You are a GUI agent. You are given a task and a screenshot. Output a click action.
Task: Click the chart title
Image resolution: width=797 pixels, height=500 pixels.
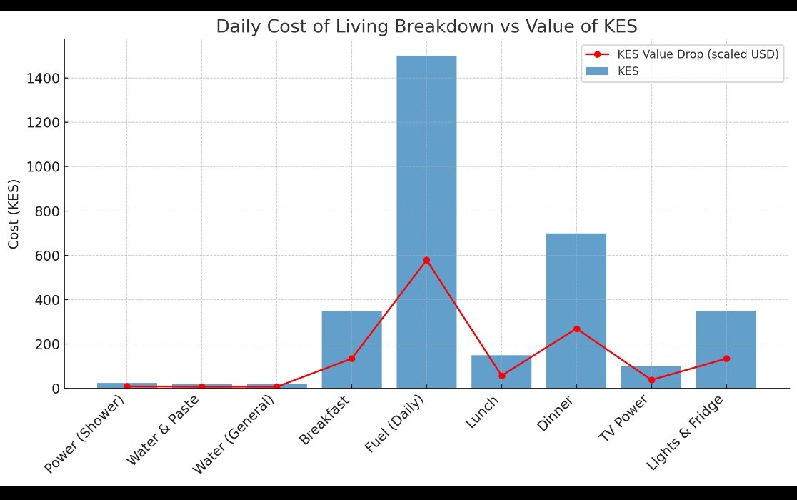426,27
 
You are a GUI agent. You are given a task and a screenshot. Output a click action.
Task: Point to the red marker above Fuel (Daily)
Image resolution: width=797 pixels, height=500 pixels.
426,260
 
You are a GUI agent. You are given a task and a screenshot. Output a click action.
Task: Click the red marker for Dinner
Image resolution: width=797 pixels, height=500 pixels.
576,329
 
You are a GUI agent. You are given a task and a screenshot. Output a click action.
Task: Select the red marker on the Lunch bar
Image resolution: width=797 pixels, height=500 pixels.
501,376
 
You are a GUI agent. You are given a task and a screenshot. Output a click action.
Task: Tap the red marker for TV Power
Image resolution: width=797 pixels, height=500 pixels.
651,380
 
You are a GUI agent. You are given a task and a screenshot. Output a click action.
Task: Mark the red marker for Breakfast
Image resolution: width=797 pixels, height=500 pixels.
351,359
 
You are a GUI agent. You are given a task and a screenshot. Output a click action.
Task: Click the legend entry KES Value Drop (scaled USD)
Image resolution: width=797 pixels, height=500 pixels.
697,55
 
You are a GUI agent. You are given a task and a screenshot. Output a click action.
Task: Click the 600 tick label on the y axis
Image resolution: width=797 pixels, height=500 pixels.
46,256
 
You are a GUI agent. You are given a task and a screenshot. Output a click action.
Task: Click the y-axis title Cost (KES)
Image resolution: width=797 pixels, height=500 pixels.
14,214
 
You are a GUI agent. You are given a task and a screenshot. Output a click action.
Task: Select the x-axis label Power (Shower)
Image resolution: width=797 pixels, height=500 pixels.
85,434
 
